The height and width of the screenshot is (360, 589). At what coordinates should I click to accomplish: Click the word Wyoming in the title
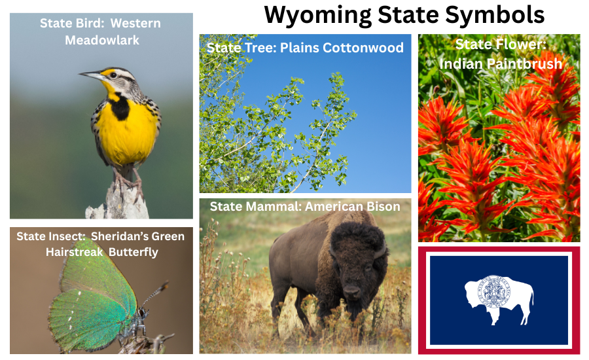pos(314,14)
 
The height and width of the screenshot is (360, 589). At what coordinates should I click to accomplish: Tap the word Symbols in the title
pos(501,14)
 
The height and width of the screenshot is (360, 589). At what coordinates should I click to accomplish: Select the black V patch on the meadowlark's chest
pos(120,108)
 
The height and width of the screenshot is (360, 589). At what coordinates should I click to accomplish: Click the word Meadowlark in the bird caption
pos(102,40)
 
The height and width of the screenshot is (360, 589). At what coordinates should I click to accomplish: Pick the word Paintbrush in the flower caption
pos(501,63)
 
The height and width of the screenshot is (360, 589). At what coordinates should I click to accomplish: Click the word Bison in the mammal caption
pos(382,207)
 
